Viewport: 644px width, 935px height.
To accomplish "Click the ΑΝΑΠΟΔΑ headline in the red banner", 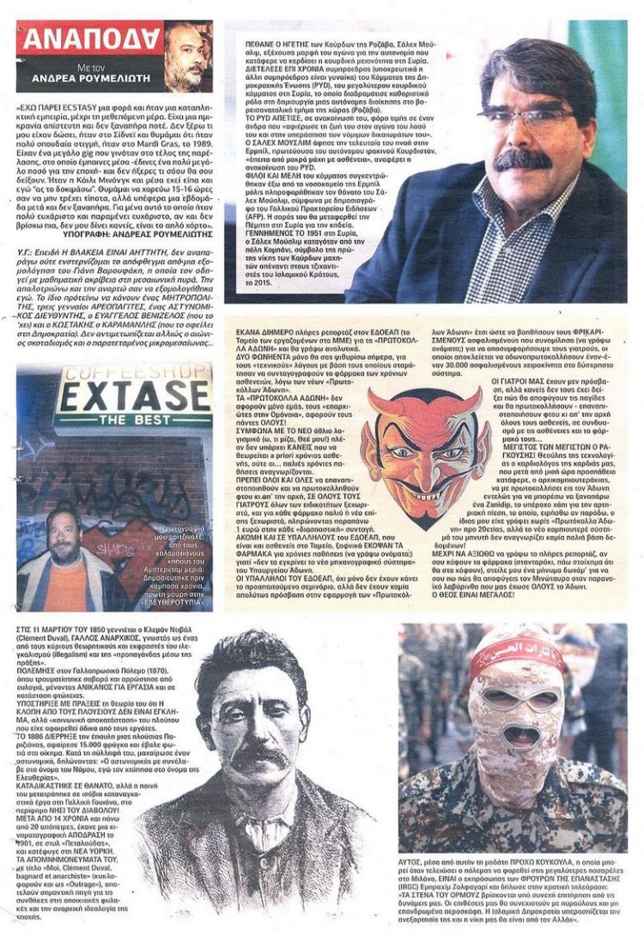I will point(91,39).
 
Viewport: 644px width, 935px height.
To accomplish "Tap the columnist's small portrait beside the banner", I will point(187,56).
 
